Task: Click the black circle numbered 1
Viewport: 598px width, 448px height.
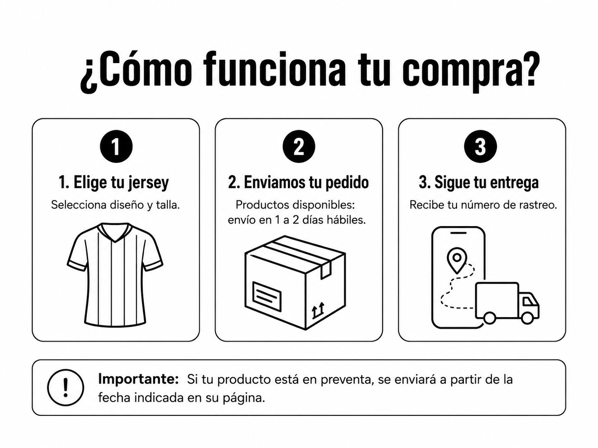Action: click(116, 146)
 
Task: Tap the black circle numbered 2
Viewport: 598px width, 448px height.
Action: click(299, 146)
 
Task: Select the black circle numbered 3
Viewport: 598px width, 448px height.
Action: click(480, 146)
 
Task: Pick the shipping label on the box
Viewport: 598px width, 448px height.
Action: click(267, 296)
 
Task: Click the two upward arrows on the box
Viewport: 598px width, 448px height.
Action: click(318, 310)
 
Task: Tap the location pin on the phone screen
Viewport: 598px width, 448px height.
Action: click(457, 260)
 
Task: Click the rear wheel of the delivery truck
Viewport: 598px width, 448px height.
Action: click(489, 318)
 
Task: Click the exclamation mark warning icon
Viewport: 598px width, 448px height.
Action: click(65, 387)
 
